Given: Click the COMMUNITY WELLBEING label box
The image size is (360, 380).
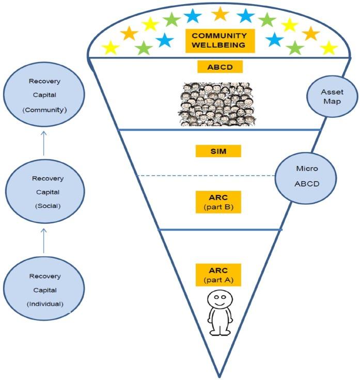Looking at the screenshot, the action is point(220,41).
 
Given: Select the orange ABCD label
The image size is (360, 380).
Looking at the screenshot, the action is point(220,67).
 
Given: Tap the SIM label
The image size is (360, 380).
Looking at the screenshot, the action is point(218,151).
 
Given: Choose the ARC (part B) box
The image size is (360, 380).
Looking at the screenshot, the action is point(218,202).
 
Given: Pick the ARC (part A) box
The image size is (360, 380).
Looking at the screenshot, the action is point(218,275).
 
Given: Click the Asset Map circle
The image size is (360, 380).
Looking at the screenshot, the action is point(332,97).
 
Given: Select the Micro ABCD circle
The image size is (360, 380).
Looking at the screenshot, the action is point(306,178).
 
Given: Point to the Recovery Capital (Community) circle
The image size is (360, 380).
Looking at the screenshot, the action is point(44,95).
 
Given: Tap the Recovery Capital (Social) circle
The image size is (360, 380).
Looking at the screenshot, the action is point(45,191).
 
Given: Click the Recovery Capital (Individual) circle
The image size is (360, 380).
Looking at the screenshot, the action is point(44,289).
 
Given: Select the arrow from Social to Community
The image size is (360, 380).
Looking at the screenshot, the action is point(44,143).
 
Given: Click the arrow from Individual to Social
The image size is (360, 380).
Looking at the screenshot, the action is point(44,240).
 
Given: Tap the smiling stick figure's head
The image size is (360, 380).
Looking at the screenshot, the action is point(220,300).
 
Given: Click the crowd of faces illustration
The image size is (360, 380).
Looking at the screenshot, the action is point(217,104).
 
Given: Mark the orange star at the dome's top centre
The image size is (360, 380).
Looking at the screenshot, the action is point(221,14).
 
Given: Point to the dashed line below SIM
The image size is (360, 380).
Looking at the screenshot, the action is point(206,175).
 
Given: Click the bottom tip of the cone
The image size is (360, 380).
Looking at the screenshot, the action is point(220,377).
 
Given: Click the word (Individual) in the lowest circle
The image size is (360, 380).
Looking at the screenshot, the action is point(45,304).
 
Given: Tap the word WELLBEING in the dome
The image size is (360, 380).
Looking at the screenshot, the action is point(218,45).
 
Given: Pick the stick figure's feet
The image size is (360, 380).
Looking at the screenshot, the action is point(220,332).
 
